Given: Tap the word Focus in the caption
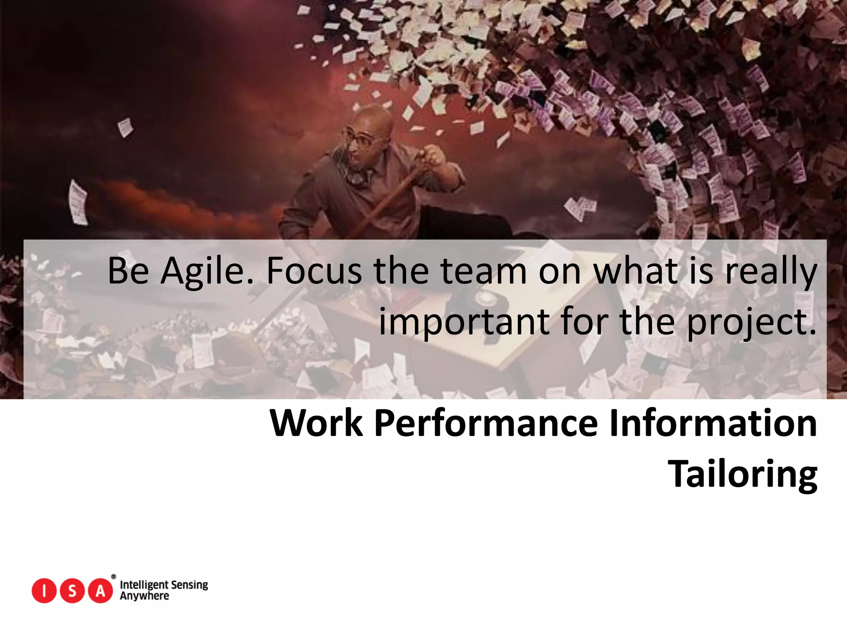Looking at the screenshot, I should click(x=314, y=272).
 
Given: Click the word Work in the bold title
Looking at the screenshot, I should click(x=316, y=423).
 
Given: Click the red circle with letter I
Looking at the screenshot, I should click(x=44, y=591).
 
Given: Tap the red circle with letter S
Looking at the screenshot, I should click(x=72, y=591).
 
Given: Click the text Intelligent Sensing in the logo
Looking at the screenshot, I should click(x=164, y=585).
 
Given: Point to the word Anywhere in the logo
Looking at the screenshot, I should click(x=144, y=596).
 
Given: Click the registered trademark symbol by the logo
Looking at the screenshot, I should click(x=114, y=577).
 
